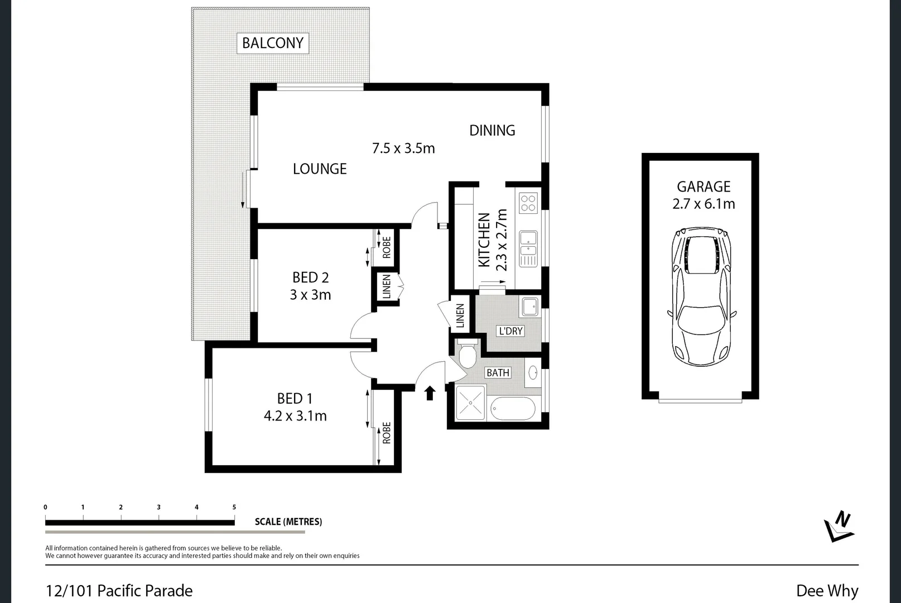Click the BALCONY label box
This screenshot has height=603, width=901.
(x=273, y=43)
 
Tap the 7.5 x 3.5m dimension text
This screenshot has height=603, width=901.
(x=403, y=149)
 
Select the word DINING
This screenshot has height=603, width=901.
(x=492, y=131)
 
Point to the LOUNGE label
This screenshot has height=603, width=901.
(x=320, y=169)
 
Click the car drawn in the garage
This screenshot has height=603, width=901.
(x=702, y=296)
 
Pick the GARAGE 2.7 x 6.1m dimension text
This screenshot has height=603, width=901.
(x=704, y=204)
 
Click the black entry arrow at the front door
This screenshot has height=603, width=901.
(x=430, y=393)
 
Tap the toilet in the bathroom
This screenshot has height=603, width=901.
(x=468, y=355)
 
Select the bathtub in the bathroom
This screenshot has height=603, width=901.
(x=513, y=408)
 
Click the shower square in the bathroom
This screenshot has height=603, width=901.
(x=470, y=403)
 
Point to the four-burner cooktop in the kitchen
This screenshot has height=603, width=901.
(x=528, y=203)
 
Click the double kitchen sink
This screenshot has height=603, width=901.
(x=528, y=248)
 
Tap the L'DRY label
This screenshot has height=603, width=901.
(x=510, y=331)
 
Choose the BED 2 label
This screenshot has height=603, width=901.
(x=310, y=277)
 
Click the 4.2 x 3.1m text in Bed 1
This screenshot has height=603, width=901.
(x=295, y=416)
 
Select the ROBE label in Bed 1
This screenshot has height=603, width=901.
(x=387, y=433)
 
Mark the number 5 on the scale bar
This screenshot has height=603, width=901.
(x=234, y=507)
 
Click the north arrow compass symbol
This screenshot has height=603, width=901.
(x=839, y=527)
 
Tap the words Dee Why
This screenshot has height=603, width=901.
(x=827, y=591)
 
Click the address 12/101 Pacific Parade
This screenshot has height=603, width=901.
(x=119, y=591)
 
